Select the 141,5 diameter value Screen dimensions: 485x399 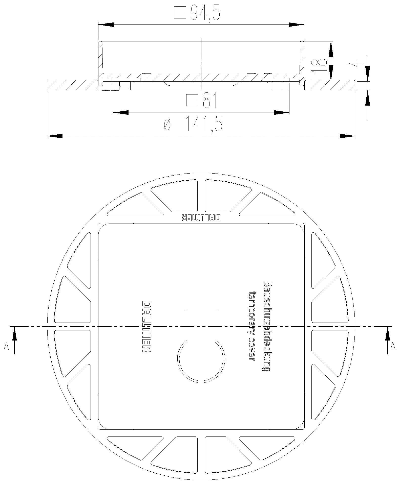pyautogui.click(x=204, y=124)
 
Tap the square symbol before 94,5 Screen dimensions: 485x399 pyautogui.click(x=180, y=13)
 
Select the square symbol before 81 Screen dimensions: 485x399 pyautogui.click(x=192, y=101)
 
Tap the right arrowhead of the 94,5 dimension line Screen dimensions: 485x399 pyautogui.click(x=296, y=25)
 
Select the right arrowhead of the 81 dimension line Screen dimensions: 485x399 pyautogui.click(x=282, y=112)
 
